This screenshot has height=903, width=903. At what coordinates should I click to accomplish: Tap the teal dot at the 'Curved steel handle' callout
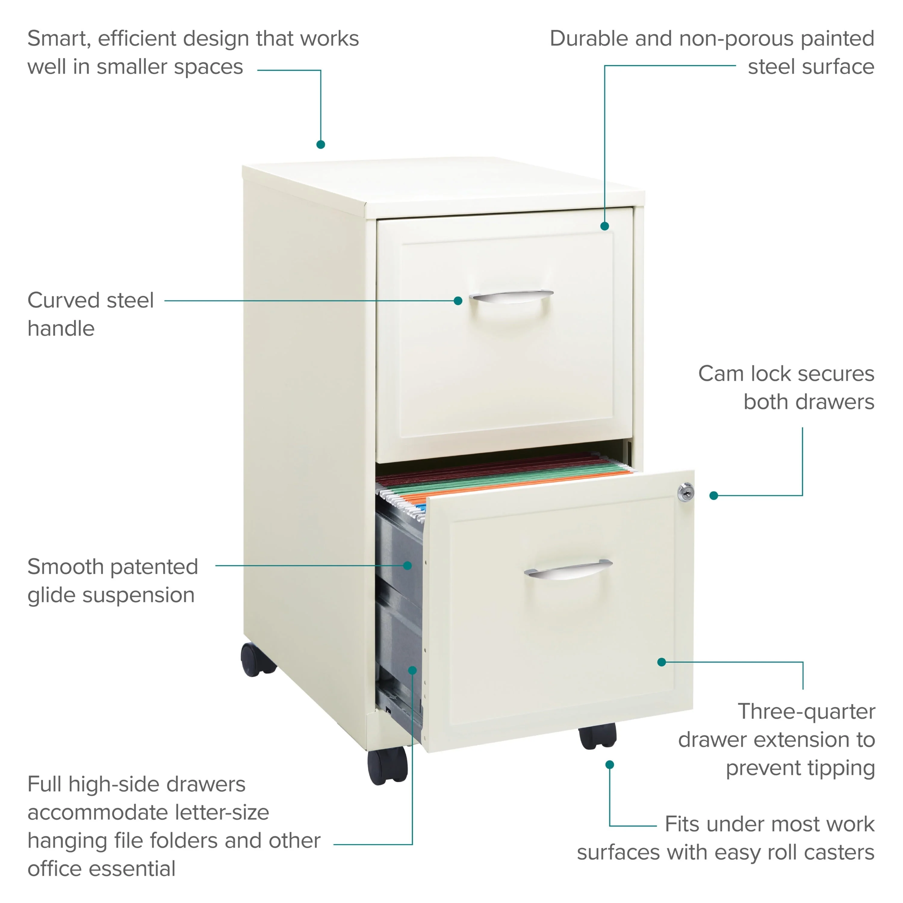click(x=458, y=300)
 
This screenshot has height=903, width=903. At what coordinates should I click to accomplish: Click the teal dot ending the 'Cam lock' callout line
click(x=714, y=495)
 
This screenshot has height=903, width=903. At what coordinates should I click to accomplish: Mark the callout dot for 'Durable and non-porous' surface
click(x=604, y=226)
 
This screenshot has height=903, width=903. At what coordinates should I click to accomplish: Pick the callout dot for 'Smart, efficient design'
click(x=321, y=144)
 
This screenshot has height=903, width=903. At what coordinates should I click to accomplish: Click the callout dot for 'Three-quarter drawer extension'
click(x=661, y=662)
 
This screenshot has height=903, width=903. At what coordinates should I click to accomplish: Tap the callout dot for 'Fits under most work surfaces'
click(x=610, y=765)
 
